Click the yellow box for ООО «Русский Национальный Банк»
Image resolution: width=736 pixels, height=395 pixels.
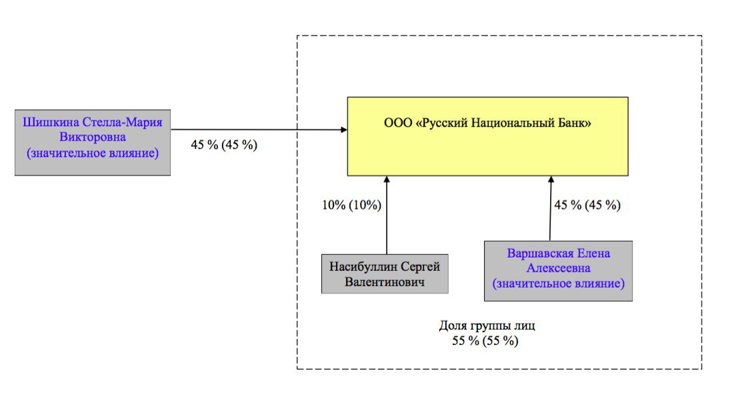[x=488, y=136]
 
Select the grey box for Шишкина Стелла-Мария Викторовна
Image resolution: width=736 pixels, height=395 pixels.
[x=93, y=143]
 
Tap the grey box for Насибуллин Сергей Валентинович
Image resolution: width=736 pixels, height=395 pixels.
[x=385, y=274]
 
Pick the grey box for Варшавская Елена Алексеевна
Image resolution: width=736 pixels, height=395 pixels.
[x=558, y=271]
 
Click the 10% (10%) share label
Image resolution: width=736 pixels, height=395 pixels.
[x=351, y=206]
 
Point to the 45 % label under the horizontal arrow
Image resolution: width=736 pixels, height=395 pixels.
[x=224, y=145]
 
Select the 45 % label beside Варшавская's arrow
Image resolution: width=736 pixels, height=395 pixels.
[x=587, y=206]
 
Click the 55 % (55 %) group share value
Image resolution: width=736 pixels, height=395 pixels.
[x=485, y=340]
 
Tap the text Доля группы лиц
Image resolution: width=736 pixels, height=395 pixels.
[x=487, y=326]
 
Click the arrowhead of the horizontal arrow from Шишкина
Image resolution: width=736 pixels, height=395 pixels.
[x=344, y=129]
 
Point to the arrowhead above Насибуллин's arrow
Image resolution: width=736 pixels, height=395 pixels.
[x=387, y=179]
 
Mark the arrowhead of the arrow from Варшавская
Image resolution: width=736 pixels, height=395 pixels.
[x=551, y=179]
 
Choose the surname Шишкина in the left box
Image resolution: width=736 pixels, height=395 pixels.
[x=51, y=122]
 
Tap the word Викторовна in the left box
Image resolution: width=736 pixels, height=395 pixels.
[x=93, y=137]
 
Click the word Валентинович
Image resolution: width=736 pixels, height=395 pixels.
[x=385, y=282]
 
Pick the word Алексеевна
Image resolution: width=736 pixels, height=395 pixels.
[x=559, y=268]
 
